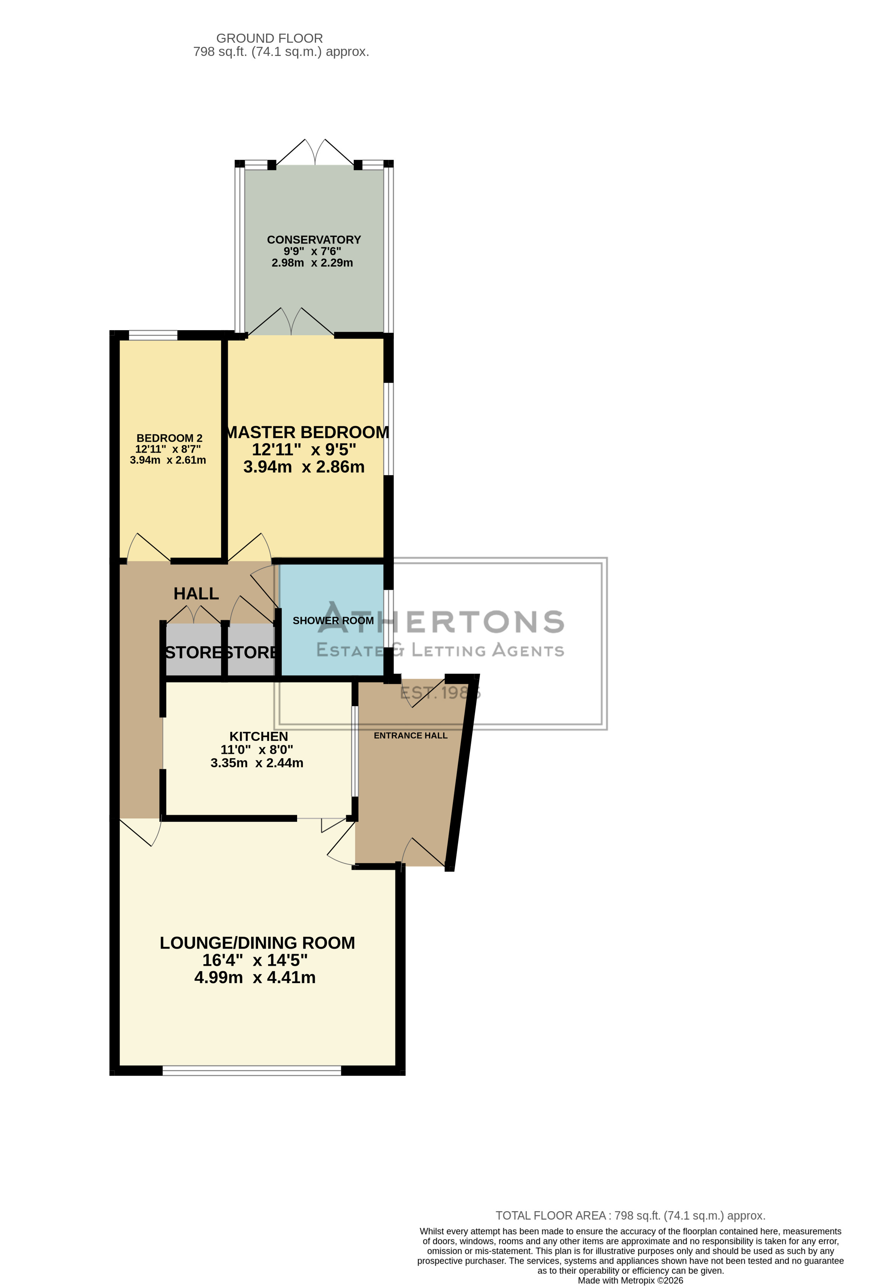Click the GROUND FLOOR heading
tap(269, 38)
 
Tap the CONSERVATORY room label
tap(314, 240)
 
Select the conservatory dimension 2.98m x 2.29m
tap(312, 263)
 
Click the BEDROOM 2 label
tap(169, 438)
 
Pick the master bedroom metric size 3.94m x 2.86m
tap(304, 467)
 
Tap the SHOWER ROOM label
tap(333, 620)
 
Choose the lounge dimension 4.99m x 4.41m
tap(255, 977)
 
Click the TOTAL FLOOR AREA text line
tap(630, 1215)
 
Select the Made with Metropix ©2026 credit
tap(630, 1280)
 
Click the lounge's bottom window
tap(252, 1071)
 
